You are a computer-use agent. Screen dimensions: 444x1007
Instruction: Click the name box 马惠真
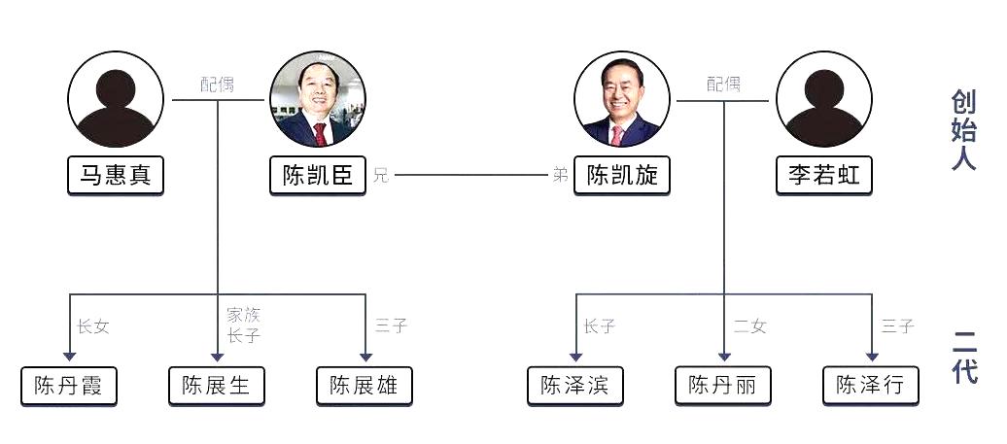tap(116, 176)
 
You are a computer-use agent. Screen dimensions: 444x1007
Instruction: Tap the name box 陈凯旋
tap(621, 176)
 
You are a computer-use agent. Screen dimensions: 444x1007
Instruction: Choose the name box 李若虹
tap(823, 176)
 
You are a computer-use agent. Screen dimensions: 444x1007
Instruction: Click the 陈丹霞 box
tap(69, 386)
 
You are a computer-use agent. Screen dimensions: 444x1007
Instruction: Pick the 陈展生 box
tap(217, 386)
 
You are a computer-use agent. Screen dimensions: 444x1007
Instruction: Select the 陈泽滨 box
tap(575, 386)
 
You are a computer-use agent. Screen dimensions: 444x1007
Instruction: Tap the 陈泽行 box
tap(870, 386)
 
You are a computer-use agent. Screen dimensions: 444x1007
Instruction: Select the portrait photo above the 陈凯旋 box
tap(621, 98)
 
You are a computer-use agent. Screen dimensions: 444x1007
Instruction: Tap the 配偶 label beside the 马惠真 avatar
tap(218, 85)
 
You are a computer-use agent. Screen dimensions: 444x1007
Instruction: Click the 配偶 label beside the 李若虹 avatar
tap(723, 85)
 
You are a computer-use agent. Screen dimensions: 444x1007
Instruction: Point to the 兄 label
tap(380, 176)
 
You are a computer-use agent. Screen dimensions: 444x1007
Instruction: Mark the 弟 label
tap(561, 176)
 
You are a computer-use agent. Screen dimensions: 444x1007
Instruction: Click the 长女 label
tap(93, 326)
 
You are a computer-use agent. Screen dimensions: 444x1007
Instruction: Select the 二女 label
tap(749, 326)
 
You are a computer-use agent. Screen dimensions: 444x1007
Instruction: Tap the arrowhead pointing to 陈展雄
tap(365, 356)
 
